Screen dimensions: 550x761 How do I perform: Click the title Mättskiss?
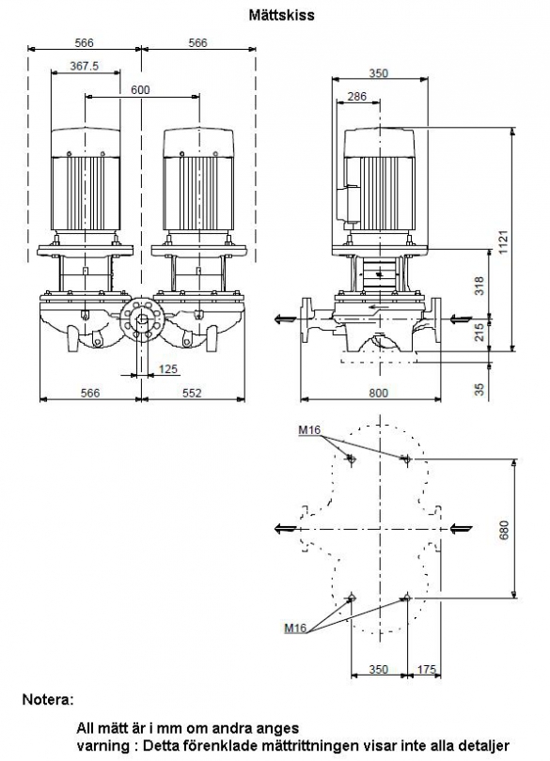(x=281, y=15)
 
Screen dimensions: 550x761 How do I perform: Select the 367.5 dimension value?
(x=84, y=66)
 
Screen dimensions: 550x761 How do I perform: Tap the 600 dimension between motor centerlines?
(x=140, y=90)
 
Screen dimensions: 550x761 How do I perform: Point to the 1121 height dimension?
(x=502, y=241)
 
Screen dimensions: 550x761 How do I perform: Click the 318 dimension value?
(x=479, y=286)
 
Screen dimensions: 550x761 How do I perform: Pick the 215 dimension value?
(x=479, y=332)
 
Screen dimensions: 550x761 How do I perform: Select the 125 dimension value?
(x=168, y=369)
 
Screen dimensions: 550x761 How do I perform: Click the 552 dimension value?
(x=192, y=393)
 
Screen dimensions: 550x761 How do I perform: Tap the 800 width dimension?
(x=378, y=393)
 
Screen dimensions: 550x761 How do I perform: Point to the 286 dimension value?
(x=357, y=97)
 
